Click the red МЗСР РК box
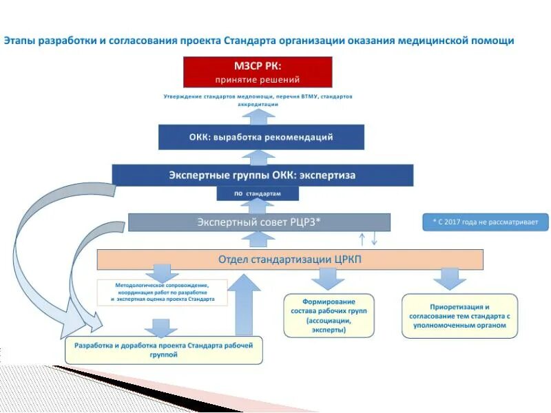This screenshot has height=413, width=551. point(258,72)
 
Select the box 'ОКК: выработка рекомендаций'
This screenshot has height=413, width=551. point(261,137)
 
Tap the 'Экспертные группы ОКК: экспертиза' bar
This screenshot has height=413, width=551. point(262,175)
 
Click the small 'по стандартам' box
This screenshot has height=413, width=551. point(258,194)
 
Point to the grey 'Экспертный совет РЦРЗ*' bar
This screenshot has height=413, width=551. point(259,222)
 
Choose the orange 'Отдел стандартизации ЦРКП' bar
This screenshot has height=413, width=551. point(290,260)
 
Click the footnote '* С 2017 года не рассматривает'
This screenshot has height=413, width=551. point(486,222)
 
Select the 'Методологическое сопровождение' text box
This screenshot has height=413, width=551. point(162,292)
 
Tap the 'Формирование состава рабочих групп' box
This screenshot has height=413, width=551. point(329,315)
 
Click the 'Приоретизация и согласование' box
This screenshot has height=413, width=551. point(459,316)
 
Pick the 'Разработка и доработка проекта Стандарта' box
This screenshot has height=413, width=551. point(164,349)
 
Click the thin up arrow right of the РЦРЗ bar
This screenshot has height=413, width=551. point(362,239)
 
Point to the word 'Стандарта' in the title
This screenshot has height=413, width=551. point(249,41)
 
